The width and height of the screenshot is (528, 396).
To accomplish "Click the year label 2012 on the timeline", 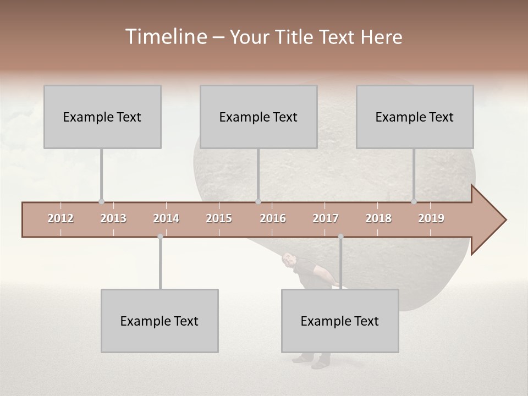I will (61, 218).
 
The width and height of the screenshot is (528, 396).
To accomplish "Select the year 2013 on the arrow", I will (113, 218).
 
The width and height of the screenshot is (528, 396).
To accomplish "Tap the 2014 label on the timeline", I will (166, 218).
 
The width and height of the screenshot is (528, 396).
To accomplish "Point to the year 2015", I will (219, 218).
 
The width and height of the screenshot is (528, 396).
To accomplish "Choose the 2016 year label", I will (273, 218).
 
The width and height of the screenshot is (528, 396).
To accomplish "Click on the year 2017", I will (326, 218).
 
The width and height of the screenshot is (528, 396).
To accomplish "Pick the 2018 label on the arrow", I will (378, 218).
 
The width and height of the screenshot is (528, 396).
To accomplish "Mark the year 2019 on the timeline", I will (431, 218).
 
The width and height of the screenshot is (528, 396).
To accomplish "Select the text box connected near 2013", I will (102, 117).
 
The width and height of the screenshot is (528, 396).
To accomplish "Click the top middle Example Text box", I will (258, 117).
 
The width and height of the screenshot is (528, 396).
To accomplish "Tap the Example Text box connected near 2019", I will (415, 117).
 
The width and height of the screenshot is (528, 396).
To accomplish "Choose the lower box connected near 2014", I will (159, 321).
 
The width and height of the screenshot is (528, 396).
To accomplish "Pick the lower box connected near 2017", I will (340, 321).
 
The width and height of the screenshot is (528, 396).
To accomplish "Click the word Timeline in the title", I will (164, 37).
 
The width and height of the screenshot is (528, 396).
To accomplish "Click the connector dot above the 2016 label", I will (258, 201).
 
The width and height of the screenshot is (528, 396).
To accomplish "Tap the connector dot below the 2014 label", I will (160, 237).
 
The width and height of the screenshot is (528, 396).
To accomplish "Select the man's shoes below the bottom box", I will (311, 361).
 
